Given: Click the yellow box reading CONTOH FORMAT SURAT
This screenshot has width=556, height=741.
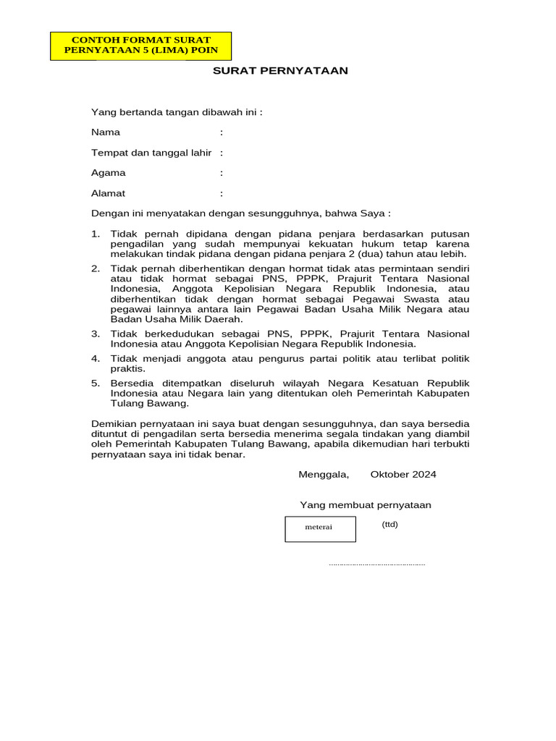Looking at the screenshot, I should click(x=141, y=46).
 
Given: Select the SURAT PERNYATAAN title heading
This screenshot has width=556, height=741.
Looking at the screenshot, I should click(x=280, y=71).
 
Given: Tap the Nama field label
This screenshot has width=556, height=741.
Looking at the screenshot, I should click(x=106, y=132).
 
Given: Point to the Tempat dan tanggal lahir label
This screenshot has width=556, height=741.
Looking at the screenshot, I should click(x=151, y=153).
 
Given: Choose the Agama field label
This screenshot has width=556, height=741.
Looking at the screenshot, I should click(x=108, y=173).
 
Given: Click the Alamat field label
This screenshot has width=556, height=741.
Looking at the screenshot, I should click(x=108, y=193).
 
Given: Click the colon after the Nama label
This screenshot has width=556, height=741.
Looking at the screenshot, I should click(x=222, y=132).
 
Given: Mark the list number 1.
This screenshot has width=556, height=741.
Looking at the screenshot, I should click(x=95, y=234).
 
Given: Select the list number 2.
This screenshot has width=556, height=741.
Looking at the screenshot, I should click(x=95, y=268).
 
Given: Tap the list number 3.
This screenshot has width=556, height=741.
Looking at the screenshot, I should click(x=95, y=334).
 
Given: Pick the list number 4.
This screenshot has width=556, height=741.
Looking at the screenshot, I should click(x=95, y=358).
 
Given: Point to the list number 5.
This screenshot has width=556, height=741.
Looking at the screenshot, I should click(x=95, y=383).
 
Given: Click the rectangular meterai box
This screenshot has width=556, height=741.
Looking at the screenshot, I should click(x=320, y=529).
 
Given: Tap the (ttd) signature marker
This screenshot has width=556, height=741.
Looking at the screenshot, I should click(x=390, y=525).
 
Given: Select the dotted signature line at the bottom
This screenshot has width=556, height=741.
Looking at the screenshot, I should click(x=376, y=564).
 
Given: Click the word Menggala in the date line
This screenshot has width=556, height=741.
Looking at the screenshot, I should click(x=324, y=475).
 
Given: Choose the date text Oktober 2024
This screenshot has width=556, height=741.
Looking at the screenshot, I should click(x=403, y=475).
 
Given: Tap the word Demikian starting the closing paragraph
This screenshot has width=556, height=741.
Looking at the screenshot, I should click(x=113, y=423).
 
